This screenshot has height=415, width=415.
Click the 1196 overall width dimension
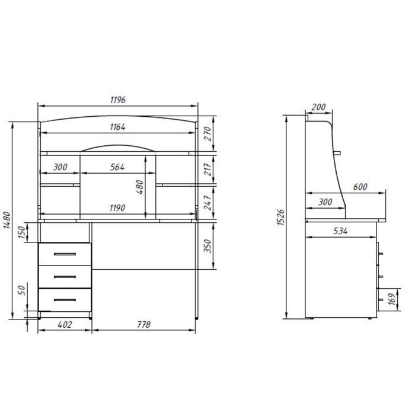[118, 100]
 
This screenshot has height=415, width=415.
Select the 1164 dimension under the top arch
[118, 127]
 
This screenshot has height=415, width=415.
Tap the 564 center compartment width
[117, 167]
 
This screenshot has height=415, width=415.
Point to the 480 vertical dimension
[139, 187]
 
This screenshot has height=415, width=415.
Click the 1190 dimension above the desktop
[117, 208]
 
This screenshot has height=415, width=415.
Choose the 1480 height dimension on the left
[7, 220]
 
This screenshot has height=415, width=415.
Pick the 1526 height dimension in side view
[280, 218]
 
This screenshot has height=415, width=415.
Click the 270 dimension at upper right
[208, 133]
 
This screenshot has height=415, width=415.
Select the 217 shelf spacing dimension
[208, 170]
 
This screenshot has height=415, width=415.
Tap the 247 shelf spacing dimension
[208, 203]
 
